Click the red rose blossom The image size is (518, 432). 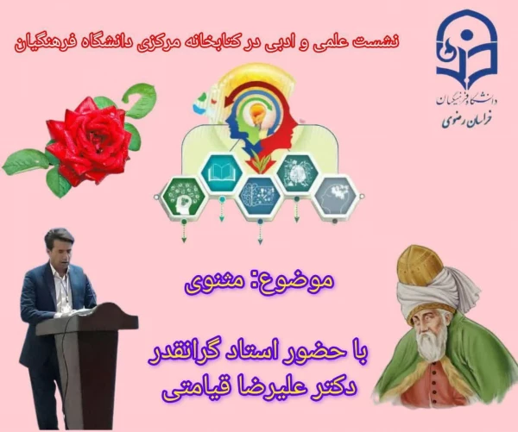coord(89,138)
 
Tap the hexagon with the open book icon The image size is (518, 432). coord(219,172)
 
